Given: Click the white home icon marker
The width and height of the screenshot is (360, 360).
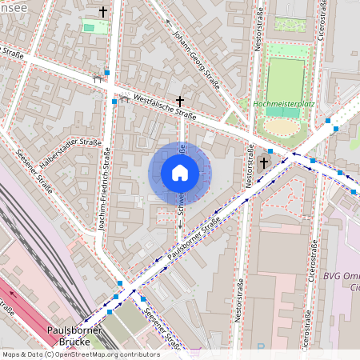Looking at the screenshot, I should click(x=180, y=173).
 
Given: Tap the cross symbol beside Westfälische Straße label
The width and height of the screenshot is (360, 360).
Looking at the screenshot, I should click(x=180, y=102).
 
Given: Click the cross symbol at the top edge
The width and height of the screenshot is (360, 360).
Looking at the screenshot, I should click(x=102, y=12).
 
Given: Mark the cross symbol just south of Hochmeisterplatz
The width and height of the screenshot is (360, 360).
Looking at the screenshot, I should click(x=264, y=163).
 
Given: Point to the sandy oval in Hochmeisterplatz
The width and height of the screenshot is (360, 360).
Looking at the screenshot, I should click(x=282, y=126).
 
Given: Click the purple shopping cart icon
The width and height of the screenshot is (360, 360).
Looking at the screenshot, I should click(x=196, y=351).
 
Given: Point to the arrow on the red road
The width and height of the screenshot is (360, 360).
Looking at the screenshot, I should click(x=11, y=292).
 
